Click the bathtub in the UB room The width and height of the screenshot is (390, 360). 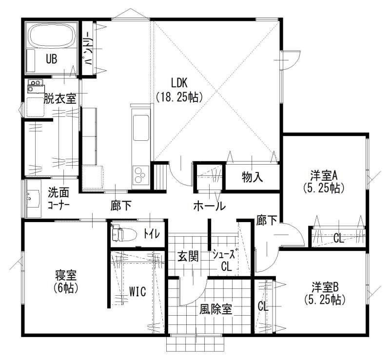coord(52,35)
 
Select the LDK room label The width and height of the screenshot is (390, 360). coord(179,83)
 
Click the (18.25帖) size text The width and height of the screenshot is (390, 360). coord(179,97)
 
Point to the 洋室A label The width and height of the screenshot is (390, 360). coord(324,176)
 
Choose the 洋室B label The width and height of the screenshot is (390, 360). coord(325,287)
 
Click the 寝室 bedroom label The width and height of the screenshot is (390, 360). coord(66,275)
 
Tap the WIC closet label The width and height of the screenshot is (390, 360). coord(137,291)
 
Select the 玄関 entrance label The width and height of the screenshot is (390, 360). coord(188,256)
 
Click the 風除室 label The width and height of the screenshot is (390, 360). coord(215,309)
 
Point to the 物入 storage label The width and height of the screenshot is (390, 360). coord(252,177)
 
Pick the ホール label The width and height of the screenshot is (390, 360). coord(210,206)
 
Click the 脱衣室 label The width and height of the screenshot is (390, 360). coord(60,98)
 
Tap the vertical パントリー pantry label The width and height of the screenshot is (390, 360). coord(87,49)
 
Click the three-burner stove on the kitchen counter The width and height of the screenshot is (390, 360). coord(140,175)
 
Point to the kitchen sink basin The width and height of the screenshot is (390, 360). coord(141,128)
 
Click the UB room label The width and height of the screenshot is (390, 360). coord(52,59)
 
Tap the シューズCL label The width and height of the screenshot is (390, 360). coord(224,260)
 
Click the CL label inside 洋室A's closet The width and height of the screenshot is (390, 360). coord(338,239)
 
